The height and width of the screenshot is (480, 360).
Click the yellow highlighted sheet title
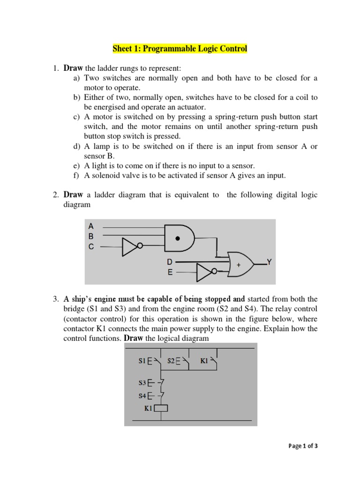click(x=180, y=49)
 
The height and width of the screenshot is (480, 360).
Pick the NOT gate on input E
click(x=205, y=271)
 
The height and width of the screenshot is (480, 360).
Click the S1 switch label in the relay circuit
click(x=142, y=361)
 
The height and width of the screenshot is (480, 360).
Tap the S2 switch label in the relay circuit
click(x=171, y=361)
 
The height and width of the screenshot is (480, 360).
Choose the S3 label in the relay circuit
click(x=142, y=383)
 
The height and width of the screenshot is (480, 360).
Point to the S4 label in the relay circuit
click(x=142, y=396)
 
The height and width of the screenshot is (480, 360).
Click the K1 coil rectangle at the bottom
click(x=161, y=408)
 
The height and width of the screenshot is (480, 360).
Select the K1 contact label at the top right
click(x=204, y=361)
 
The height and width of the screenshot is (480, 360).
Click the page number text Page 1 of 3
click(x=303, y=446)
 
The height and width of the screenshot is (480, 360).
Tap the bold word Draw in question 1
click(x=73, y=68)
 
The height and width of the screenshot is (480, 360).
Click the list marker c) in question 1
click(x=76, y=117)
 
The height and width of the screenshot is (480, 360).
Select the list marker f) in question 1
click(x=76, y=176)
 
